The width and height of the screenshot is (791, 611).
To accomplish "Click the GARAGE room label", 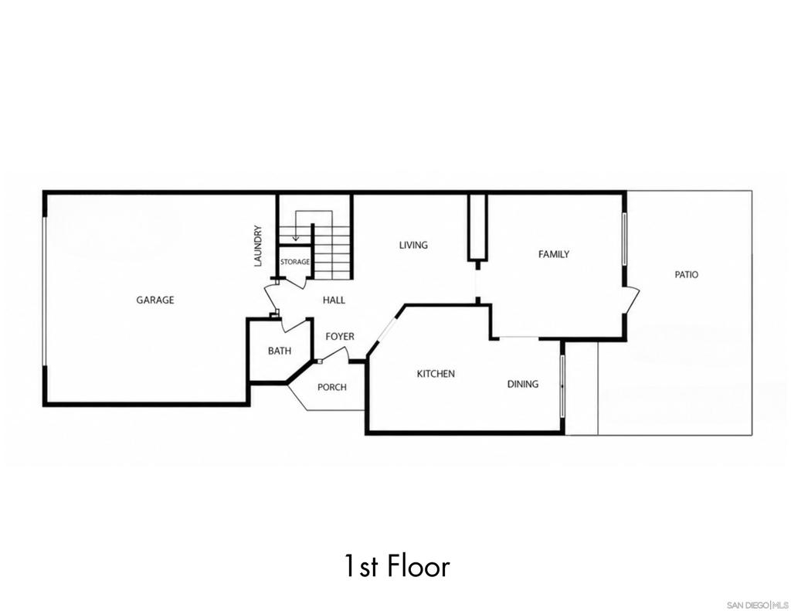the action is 154,300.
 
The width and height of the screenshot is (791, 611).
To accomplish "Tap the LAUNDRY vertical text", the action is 258,246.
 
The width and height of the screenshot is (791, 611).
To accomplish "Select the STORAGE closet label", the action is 295,262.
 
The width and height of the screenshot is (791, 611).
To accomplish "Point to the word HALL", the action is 334,300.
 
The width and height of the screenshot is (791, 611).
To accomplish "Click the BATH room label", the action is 280,351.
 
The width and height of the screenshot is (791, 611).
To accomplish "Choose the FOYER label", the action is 340,337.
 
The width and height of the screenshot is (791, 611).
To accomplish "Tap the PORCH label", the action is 332,387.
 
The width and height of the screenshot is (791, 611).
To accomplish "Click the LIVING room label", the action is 413,245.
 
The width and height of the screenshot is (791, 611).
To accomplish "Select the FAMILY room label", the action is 554,254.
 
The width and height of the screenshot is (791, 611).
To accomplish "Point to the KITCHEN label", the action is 436,374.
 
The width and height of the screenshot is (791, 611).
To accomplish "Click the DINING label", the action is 523,384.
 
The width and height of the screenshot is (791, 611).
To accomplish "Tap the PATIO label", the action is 687,274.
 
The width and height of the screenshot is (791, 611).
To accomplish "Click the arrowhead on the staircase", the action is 296,238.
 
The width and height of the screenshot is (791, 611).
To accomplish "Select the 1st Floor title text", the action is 397,565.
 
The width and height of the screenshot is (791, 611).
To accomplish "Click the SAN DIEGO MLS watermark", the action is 757,605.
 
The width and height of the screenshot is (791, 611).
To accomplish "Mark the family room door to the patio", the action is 631,300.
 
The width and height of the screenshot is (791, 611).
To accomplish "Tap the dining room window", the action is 562,386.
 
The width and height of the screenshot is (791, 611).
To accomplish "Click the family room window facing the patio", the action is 624,239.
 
